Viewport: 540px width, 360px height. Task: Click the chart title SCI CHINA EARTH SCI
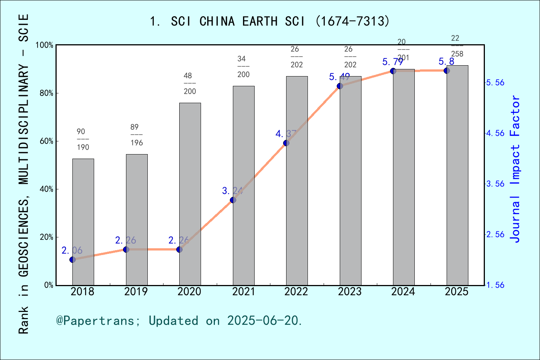tap(270, 21)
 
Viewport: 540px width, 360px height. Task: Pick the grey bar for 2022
tap(297, 180)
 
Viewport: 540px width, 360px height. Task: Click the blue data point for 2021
tap(233, 200)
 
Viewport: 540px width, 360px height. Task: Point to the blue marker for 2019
tap(126, 249)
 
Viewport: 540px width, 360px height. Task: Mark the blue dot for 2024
tap(393, 71)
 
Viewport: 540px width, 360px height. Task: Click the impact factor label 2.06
tap(72, 250)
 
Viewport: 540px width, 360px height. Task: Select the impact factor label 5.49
tap(339, 77)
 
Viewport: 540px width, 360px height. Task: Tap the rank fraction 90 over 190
tap(82, 139)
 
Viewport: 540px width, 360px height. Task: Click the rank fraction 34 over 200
tap(243, 66)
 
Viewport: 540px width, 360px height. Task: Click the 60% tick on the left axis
tap(46, 141)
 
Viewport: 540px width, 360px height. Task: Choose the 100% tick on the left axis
tap(45, 45)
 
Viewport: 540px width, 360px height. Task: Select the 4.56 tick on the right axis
tap(495, 133)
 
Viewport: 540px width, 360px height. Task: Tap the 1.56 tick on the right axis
tap(495, 285)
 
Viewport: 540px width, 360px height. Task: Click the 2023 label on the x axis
tap(350, 292)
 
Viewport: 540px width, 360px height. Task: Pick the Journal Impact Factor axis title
tap(516, 169)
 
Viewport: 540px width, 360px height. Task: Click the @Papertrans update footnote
tap(179, 321)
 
